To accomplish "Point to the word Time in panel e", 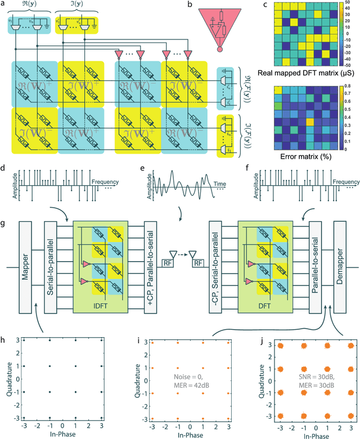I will (x=220, y=183).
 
